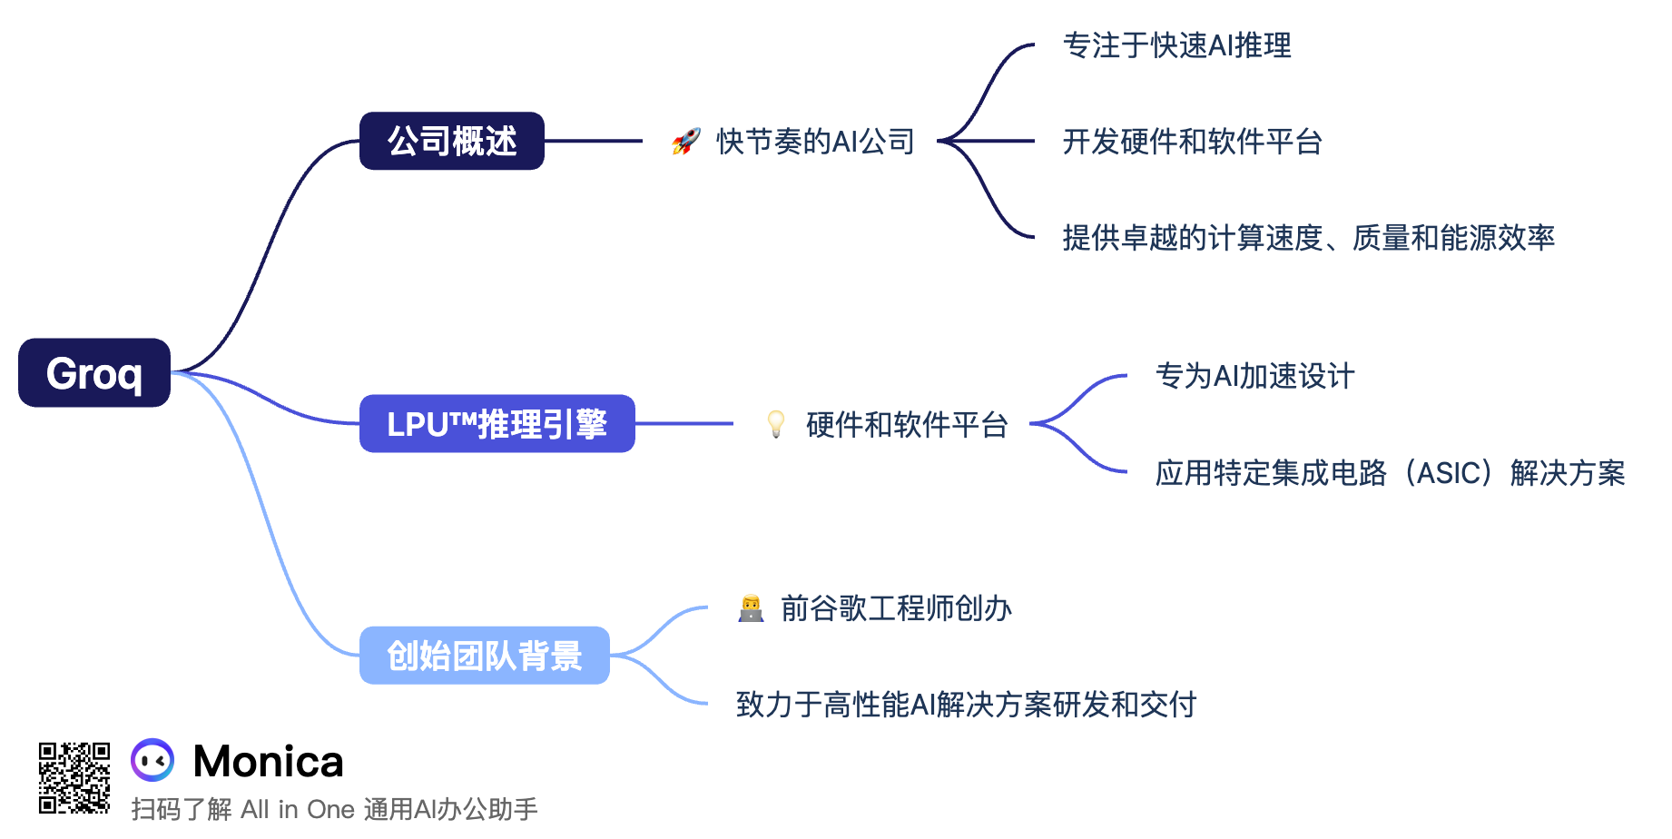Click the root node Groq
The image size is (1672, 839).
click(x=94, y=373)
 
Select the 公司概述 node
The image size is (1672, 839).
click(x=452, y=141)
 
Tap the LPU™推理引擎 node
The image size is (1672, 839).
click(x=497, y=424)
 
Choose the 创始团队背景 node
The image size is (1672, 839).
click(x=484, y=656)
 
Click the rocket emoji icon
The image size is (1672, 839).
click(x=686, y=142)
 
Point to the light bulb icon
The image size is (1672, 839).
click(x=776, y=424)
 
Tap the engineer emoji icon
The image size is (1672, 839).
click(x=751, y=608)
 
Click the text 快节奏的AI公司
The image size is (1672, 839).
click(x=815, y=142)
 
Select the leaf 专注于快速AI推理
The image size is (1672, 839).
click(x=1176, y=45)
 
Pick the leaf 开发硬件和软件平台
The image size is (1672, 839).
click(x=1192, y=142)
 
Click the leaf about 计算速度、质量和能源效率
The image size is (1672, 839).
click(x=1308, y=238)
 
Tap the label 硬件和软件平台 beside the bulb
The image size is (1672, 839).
click(x=907, y=425)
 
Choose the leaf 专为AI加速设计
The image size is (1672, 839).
click(x=1254, y=376)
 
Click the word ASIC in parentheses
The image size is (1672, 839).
click(x=1449, y=473)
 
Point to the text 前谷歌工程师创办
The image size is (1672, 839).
click(x=896, y=608)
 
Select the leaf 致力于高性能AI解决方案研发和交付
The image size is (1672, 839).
click(x=966, y=705)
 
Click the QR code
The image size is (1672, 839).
click(x=74, y=778)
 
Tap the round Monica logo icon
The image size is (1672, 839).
click(x=152, y=761)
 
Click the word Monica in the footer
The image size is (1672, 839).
click(x=269, y=761)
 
